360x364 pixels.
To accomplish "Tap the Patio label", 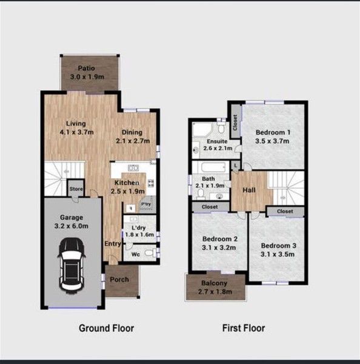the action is [x=86, y=68].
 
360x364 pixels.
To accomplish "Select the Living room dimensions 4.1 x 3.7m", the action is [x=76, y=132].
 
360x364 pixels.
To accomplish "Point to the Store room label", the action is [x=76, y=189].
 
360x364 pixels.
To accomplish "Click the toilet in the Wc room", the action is [x=150, y=252].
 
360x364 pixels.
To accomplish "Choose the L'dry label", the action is [x=138, y=227].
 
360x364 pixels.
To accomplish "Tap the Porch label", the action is [x=119, y=280].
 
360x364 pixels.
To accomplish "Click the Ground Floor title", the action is [x=107, y=328].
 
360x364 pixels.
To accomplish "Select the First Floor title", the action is [x=244, y=328].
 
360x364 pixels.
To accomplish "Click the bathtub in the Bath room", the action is [x=213, y=167].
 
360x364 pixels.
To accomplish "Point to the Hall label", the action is [x=249, y=190].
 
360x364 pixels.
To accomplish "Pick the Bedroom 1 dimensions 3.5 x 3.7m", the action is [x=272, y=141].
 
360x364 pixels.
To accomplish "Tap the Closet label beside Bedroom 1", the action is [x=235, y=123].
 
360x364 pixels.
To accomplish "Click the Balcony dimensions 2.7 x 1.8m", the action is [x=215, y=292].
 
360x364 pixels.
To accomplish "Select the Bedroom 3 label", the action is [x=279, y=246].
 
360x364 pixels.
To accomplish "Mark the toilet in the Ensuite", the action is [x=221, y=127].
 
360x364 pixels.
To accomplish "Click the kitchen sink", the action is [x=133, y=167].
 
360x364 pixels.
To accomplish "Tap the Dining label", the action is [x=132, y=132].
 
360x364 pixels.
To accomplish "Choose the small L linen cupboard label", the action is [x=236, y=166].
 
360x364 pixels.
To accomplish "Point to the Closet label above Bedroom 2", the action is [x=210, y=207].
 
